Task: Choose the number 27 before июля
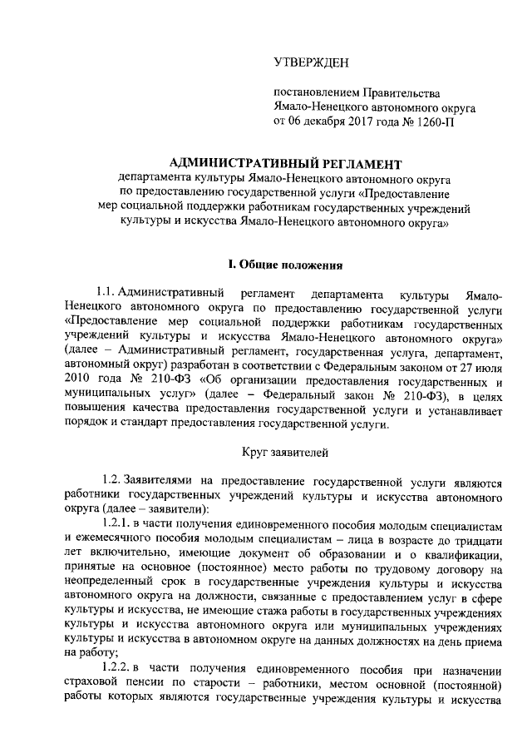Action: [446, 365]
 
